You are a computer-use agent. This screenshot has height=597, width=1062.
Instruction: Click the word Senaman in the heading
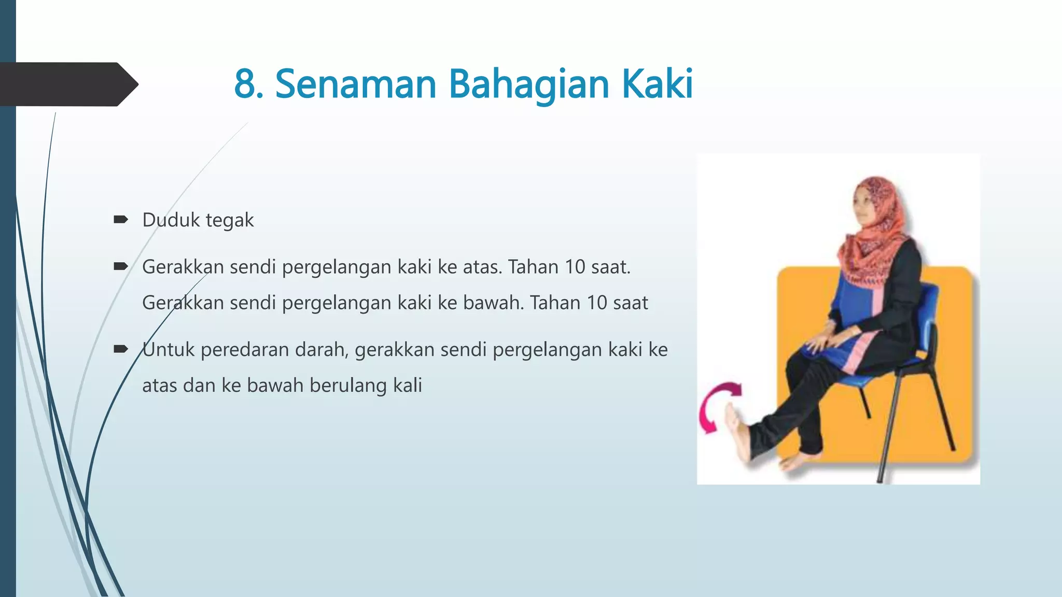[356, 84]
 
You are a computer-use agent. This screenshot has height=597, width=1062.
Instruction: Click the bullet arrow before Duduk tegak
[121, 220]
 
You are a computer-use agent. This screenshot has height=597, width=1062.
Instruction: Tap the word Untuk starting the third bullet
[169, 350]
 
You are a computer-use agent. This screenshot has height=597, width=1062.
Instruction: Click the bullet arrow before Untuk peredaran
[121, 349]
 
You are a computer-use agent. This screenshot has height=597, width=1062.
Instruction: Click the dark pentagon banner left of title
[67, 84]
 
